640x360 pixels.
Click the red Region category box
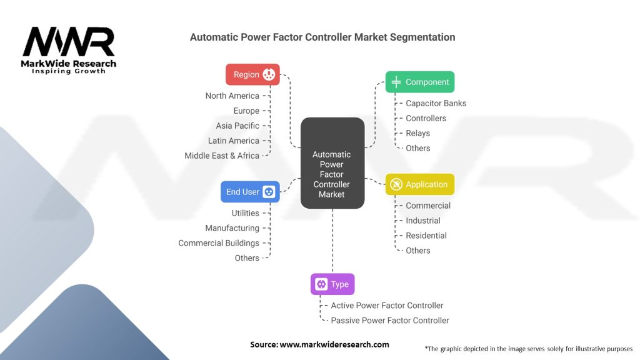pos(252,74)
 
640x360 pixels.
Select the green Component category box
pos(419,82)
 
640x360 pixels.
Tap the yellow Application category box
pos(419,184)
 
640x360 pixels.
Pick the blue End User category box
pos(250,192)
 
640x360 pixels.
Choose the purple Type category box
pos(332,284)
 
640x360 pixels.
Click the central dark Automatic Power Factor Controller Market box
pos(332,163)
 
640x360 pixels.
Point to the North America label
pos(232,96)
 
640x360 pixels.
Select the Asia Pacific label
pos(237,126)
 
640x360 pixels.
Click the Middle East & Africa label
pos(222,156)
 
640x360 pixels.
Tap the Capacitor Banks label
pos(436,103)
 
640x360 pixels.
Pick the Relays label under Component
pos(417,133)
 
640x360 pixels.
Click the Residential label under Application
pos(426,236)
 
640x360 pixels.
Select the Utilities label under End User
pos(245,213)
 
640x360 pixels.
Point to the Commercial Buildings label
pos(219,243)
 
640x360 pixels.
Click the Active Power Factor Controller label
pos(387,306)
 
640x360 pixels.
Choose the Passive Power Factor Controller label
pos(390,321)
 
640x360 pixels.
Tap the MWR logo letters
pos(69,42)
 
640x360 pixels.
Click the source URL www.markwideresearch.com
pos(334,344)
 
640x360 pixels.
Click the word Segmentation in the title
pos(422,37)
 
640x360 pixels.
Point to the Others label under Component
pos(417,148)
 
